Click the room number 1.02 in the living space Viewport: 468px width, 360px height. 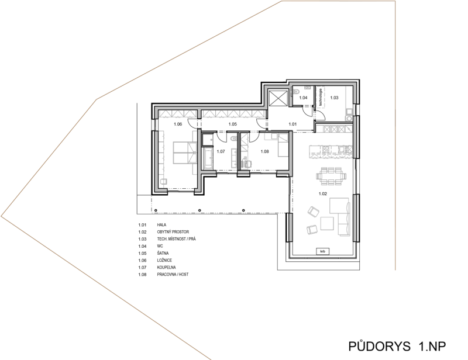click(323, 193)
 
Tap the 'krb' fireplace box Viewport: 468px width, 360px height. click(323, 251)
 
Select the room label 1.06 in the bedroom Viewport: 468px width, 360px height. click(178, 124)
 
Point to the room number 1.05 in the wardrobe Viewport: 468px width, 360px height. click(232, 124)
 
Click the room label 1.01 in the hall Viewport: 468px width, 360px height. click(292, 124)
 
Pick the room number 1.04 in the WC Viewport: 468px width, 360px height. click(303, 98)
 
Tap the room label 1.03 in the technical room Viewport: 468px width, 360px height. click(334, 98)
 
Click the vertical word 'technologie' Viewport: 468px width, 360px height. click(321, 97)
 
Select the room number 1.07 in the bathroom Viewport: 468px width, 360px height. click(221, 151)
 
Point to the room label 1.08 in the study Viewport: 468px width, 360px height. click(265, 151)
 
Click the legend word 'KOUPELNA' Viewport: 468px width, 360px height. click(166, 268)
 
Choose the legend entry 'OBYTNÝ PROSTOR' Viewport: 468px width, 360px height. click(173, 232)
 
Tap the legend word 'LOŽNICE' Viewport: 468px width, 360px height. click(164, 261)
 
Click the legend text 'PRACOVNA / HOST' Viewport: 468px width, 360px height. click(173, 275)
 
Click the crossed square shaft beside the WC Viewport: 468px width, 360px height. click(278, 98)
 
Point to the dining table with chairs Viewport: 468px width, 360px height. click(331, 176)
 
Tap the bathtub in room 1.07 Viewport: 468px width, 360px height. click(208, 158)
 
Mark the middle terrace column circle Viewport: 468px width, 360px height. click(199, 210)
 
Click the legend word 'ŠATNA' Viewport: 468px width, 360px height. click(163, 253)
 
